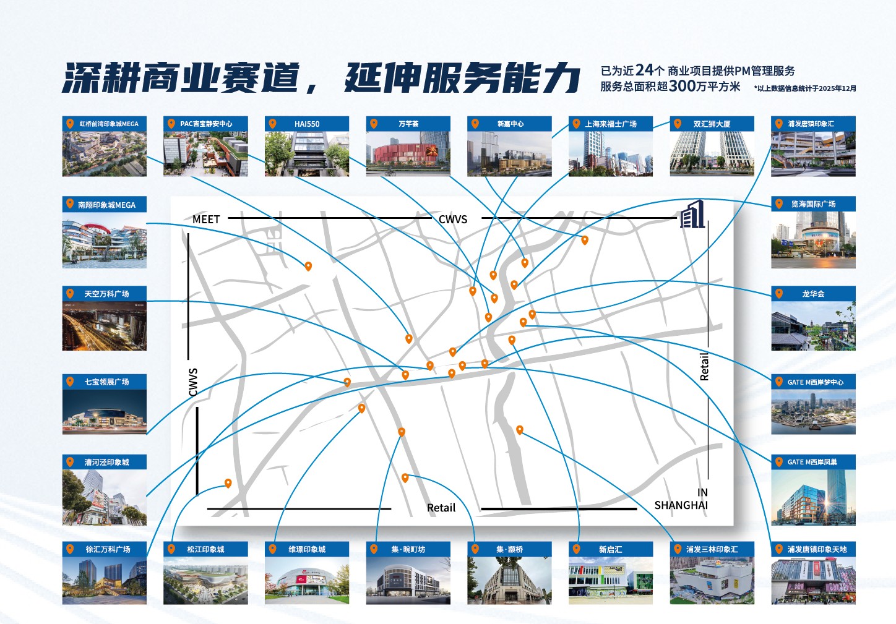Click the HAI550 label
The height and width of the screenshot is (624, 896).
[x=307, y=124]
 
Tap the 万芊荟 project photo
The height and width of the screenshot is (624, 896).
[x=408, y=154]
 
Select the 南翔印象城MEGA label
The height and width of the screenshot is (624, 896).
[x=106, y=205]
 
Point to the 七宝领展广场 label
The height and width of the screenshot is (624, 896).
[x=106, y=382]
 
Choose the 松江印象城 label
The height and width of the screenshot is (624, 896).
[x=205, y=549]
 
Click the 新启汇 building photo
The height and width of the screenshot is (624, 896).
[x=610, y=581]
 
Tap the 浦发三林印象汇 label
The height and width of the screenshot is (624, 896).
[x=712, y=549]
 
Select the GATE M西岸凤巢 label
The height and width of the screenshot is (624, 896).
[x=812, y=462]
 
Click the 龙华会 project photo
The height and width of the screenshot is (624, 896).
[x=813, y=326]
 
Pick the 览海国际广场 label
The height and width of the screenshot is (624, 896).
[x=813, y=204]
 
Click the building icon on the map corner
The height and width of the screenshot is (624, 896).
[x=692, y=215]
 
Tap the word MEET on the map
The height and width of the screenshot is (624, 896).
[x=206, y=220]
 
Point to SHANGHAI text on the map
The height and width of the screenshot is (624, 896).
[x=681, y=505]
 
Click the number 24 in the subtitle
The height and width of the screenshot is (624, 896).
[x=644, y=70]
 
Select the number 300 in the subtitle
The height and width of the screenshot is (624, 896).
[x=683, y=86]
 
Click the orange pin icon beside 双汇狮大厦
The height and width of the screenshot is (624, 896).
[x=678, y=124]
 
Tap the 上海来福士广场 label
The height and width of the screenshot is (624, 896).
[x=611, y=124]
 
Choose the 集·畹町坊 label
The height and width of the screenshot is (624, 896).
[x=408, y=549]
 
